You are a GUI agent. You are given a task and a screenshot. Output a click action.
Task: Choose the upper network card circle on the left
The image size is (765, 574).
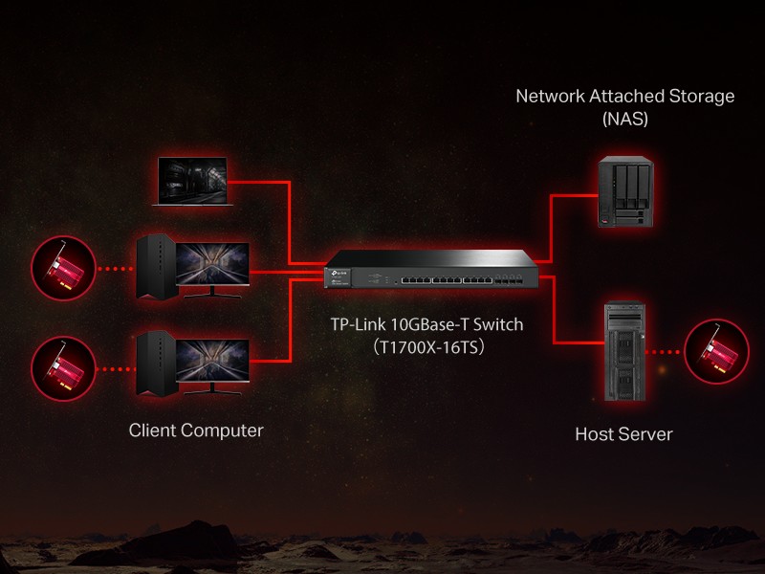pos(63,269)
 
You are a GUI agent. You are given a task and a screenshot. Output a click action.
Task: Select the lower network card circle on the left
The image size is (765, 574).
pos(63,367)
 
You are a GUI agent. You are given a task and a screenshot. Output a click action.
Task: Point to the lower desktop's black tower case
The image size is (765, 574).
pos(155,363)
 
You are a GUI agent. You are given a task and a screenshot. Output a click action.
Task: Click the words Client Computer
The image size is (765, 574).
pos(196,430)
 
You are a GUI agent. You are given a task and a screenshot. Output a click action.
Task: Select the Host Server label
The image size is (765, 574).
pos(623,434)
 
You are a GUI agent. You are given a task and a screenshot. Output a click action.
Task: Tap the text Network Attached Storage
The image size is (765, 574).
pos(625,97)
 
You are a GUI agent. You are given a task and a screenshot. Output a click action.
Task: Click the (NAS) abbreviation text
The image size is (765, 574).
pos(625,120)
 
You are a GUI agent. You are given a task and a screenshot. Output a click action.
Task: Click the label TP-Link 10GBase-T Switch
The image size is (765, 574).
pos(427,325)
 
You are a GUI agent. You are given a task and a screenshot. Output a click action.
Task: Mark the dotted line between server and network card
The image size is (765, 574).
pos(669,353)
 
